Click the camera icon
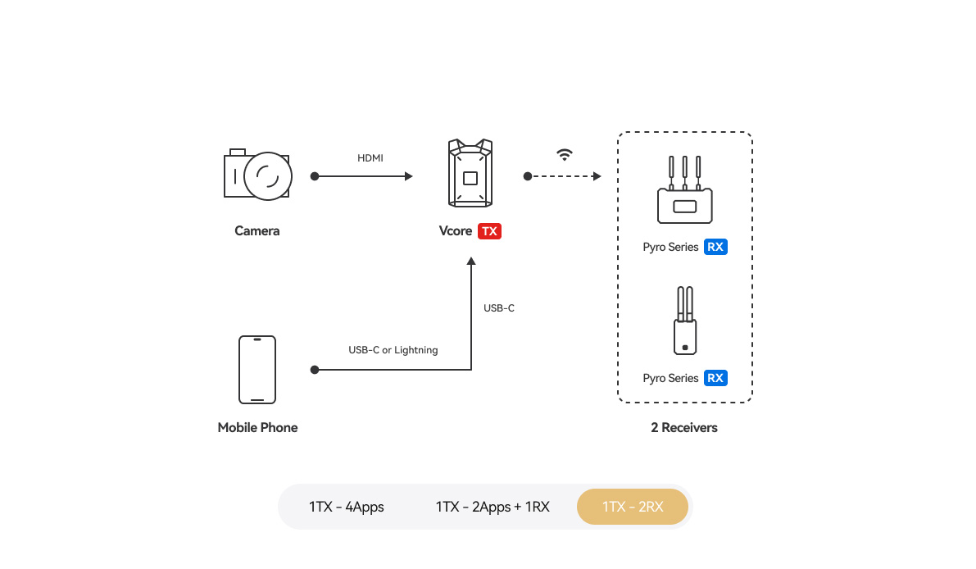coord(257,175)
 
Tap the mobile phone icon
coord(257,370)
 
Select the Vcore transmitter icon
coord(470,173)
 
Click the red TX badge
coord(489,231)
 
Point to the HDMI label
coord(370,158)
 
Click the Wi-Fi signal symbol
coord(565,155)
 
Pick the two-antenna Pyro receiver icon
coord(684,321)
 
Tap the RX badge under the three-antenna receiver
coord(715,247)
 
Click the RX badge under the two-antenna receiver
coord(715,378)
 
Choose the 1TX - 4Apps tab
coord(347,507)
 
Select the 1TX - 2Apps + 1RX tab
coord(493,507)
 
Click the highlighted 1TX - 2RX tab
coord(633,507)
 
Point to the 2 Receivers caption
coord(684,427)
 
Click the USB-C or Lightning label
coord(393,350)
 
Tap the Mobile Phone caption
coord(257,427)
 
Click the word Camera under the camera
coord(257,231)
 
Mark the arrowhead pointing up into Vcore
coord(471,262)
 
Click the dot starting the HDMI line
coord(315,176)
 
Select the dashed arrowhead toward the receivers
coord(597,176)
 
